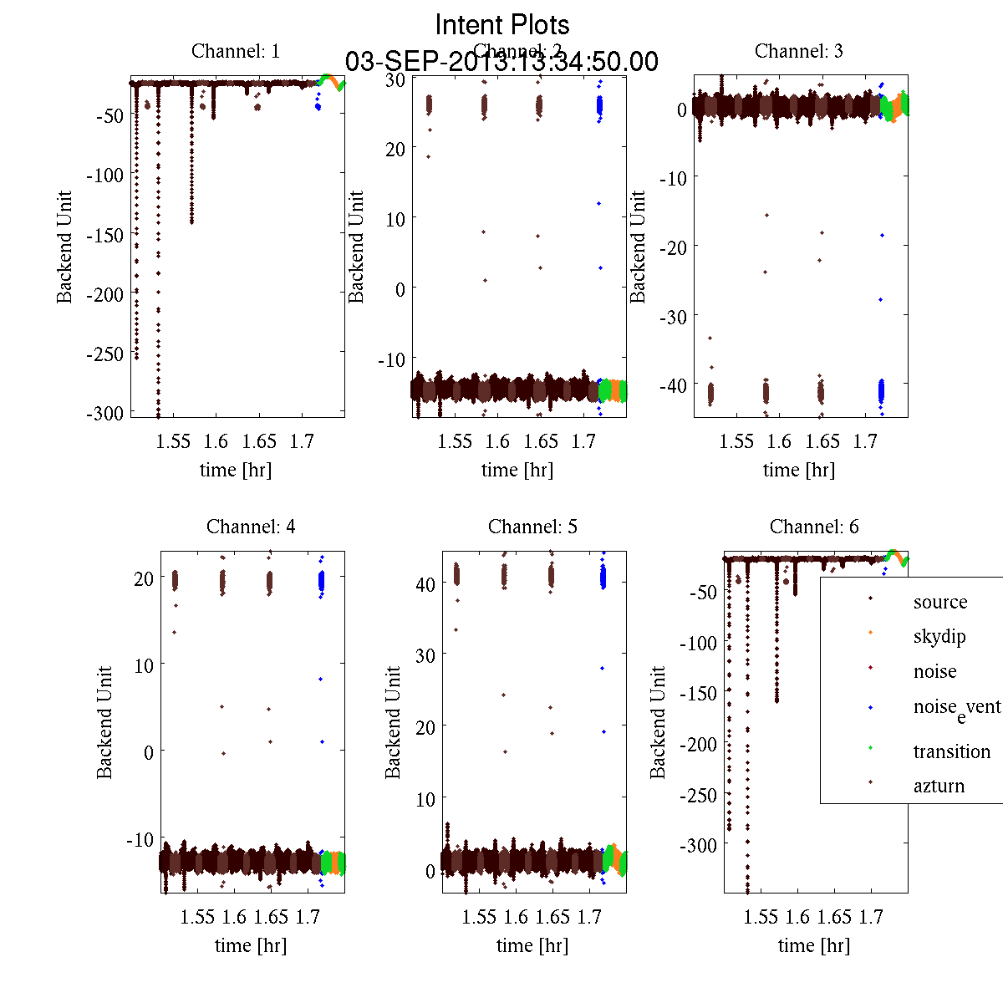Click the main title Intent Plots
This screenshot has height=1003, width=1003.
pos(502,24)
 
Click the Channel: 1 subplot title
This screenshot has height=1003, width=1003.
pos(236,51)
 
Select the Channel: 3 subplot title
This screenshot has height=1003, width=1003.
pos(799,51)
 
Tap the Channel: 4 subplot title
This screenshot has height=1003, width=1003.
pos(251,527)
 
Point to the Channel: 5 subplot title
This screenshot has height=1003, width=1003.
pos(532,527)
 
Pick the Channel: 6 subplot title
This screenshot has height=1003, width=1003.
pos(814,527)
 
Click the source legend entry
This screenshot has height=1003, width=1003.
pos(940,602)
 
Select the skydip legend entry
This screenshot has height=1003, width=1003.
pos(939,637)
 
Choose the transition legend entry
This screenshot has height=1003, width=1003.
pos(951,751)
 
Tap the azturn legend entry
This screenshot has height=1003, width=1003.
pos(939,786)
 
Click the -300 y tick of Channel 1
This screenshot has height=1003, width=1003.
pos(104,413)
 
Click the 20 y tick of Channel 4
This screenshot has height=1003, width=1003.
pos(143,578)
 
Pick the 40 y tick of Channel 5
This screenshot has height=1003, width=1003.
pos(425,583)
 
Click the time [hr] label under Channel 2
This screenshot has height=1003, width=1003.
pos(517,470)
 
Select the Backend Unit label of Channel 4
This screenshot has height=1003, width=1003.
pos(104,722)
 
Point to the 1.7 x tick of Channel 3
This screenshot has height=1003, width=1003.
pos(865,440)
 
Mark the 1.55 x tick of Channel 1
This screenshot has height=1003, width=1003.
pos(173,440)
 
